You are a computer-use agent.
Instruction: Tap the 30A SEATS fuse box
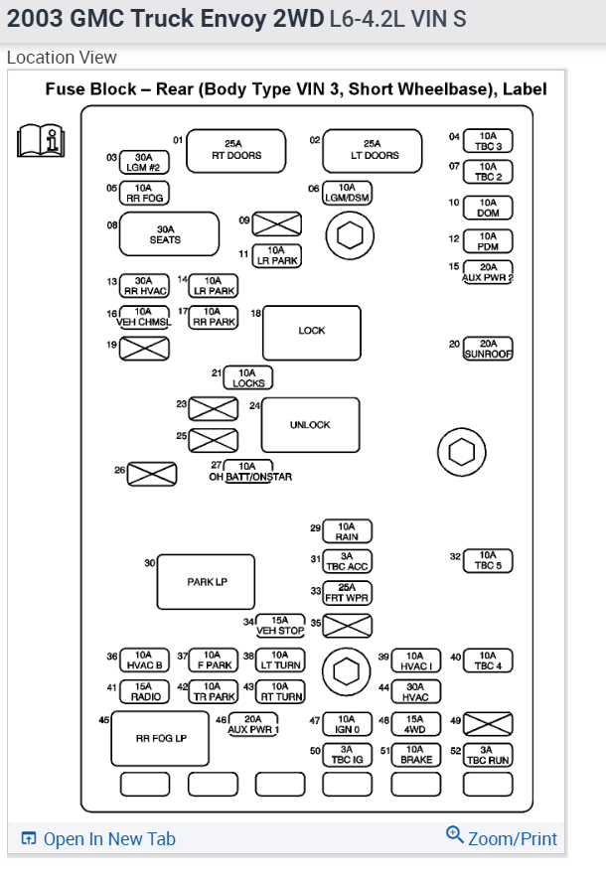[168, 234]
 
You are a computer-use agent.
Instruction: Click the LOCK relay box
[311, 331]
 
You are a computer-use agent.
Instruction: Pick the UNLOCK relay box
[310, 424]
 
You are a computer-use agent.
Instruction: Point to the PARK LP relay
[207, 581]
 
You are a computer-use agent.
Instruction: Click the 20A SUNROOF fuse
[488, 349]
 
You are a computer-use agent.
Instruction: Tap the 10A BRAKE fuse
[416, 755]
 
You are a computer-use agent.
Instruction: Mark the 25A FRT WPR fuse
[348, 593]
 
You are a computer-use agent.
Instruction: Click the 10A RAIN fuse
[347, 531]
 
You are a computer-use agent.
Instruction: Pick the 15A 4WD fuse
[415, 724]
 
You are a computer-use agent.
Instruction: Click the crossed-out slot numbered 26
[153, 475]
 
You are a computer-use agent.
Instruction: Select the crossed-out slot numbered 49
[488, 724]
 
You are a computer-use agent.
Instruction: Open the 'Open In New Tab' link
[98, 839]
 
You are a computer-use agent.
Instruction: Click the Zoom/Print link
[502, 838]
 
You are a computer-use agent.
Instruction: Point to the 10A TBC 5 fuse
[487, 561]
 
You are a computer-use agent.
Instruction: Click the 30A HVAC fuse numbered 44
[415, 691]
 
